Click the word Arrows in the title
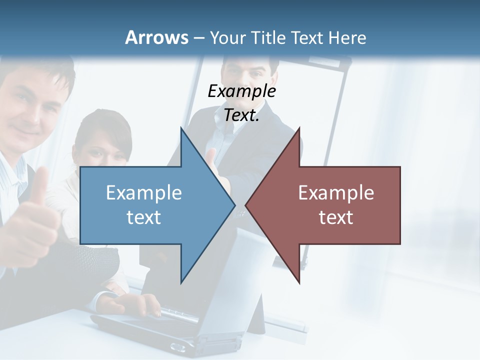coord(156,37)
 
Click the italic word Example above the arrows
coord(241,91)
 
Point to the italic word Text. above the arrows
coord(241,115)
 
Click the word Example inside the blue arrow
coord(144,192)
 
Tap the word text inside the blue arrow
coord(144,217)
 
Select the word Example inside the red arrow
coord(336,192)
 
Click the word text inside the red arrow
coord(336,217)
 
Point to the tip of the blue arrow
coord(235,205)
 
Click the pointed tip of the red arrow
coord(245,205)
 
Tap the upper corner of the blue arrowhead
coord(181,128)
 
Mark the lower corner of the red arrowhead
coord(299,283)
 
